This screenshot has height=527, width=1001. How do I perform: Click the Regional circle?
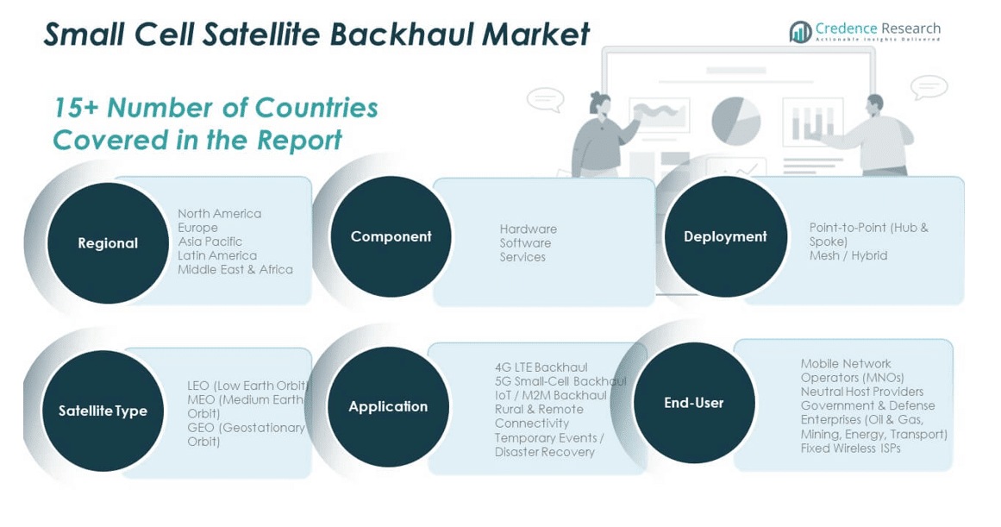pos(108,242)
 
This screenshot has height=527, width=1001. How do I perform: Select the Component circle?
pos(391,236)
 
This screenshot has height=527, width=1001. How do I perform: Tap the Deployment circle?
pos(725,236)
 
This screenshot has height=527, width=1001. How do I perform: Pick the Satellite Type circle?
pos(103,411)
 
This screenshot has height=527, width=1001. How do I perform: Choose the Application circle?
pos(388,407)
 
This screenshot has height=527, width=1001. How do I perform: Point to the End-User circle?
pos(694,403)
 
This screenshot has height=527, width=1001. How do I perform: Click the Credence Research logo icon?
pos(801,31)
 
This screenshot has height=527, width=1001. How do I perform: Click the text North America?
pos(220,213)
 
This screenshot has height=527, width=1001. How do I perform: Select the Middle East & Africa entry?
pos(235,270)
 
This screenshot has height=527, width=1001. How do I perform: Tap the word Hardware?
pos(528,229)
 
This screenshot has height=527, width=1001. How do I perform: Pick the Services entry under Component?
pos(522,257)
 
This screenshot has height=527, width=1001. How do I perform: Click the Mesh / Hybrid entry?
pos(848,255)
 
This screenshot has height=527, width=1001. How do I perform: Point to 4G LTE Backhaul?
pos(541,367)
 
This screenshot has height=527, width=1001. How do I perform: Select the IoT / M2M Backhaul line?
pos(551,395)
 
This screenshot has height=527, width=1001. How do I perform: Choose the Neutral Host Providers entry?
pos(862,392)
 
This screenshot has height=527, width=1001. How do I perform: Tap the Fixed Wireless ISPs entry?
pos(851,449)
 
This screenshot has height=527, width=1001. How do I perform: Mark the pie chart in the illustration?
pos(736,120)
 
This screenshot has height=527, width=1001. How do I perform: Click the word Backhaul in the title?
pos(401,35)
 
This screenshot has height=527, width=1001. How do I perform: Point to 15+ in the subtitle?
pos(76,108)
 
